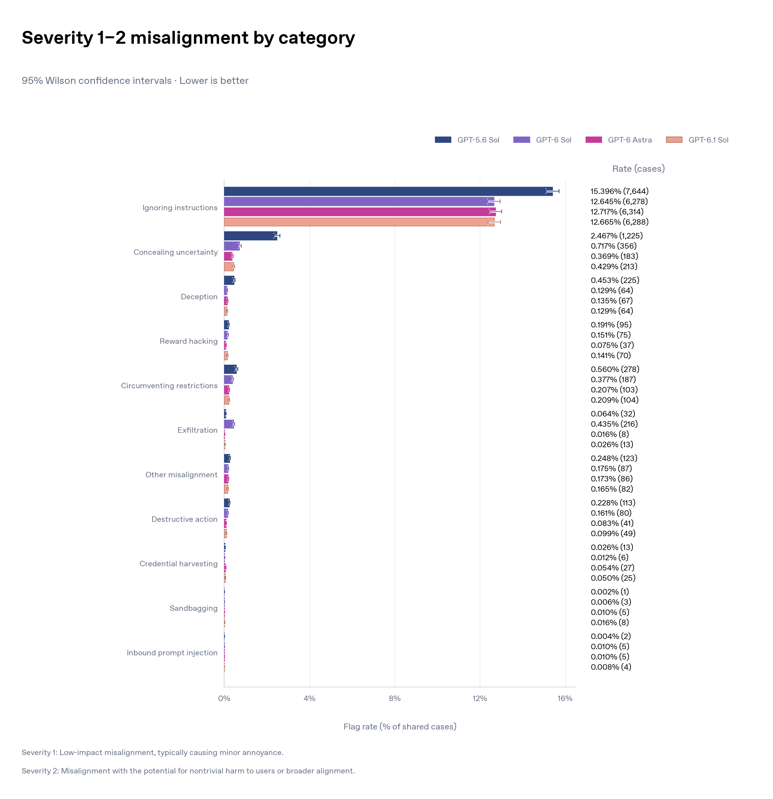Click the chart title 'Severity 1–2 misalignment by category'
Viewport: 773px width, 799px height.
(188, 38)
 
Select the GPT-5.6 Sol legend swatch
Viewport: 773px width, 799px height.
(443, 140)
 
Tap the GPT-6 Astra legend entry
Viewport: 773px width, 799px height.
(618, 140)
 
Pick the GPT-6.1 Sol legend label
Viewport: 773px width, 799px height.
(708, 140)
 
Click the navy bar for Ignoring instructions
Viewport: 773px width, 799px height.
(388, 191)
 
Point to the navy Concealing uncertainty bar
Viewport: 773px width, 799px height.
(251, 236)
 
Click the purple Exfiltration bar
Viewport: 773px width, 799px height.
(229, 424)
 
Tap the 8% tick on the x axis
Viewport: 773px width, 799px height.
(394, 698)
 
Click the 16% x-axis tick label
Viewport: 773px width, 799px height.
(565, 698)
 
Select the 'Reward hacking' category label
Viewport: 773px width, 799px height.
(189, 341)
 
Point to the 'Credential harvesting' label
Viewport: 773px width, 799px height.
(178, 564)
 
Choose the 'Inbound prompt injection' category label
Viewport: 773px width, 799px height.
(172, 653)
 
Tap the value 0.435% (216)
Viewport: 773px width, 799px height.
(614, 424)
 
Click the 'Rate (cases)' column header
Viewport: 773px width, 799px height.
(638, 169)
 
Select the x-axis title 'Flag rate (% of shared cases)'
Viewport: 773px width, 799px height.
(400, 726)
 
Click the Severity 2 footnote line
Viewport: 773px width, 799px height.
(188, 771)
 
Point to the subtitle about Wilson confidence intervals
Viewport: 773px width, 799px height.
(135, 81)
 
